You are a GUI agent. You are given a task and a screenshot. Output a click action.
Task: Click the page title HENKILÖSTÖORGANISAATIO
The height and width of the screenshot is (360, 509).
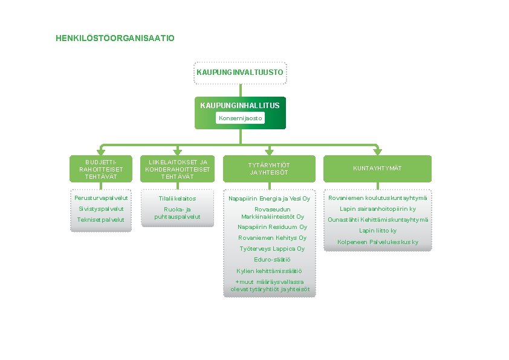click(115, 38)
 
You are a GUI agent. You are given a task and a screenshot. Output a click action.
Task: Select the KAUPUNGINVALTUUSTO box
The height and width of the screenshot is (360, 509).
click(240, 72)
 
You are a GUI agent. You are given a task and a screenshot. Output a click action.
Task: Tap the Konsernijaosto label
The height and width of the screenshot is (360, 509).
click(240, 118)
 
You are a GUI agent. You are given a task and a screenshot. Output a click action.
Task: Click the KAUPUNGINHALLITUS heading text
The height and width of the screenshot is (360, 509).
click(240, 105)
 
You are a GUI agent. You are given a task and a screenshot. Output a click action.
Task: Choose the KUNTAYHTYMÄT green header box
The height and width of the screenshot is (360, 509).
click(378, 169)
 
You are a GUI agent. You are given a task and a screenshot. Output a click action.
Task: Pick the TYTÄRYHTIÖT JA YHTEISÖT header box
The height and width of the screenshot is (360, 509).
click(270, 169)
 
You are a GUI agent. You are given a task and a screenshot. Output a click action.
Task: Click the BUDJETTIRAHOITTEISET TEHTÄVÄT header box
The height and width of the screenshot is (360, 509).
click(101, 169)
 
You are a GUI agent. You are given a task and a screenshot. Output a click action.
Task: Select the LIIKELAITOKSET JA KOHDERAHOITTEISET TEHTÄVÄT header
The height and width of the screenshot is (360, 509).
click(178, 169)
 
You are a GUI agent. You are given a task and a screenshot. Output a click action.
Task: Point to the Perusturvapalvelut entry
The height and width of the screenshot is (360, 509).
click(101, 198)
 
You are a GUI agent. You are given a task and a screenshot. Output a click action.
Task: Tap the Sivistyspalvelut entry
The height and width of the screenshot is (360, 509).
click(101, 208)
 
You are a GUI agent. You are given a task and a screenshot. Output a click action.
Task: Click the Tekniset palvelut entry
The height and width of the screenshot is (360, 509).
click(101, 219)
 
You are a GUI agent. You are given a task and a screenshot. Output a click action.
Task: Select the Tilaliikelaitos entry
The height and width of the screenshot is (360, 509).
click(178, 198)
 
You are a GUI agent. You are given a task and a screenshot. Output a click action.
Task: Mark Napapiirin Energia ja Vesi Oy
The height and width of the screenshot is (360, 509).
click(270, 198)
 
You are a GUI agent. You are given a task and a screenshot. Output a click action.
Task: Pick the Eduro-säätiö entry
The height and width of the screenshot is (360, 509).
click(270, 260)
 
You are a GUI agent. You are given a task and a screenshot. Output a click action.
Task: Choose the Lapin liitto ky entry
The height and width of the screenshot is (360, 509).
click(378, 231)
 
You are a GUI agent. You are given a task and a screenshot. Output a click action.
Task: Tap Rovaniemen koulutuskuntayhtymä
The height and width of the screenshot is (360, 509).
click(378, 198)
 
